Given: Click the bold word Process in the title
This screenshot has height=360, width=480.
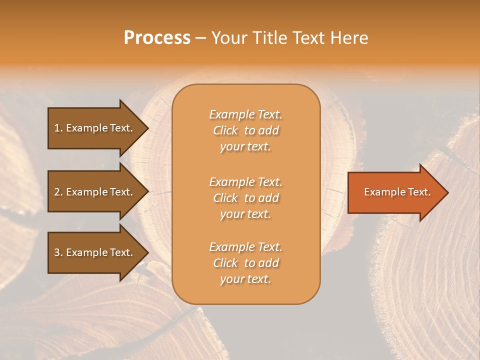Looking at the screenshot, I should point(157,38).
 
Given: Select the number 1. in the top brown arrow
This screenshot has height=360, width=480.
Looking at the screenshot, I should point(58,128).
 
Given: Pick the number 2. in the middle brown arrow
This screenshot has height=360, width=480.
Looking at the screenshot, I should point(58,192).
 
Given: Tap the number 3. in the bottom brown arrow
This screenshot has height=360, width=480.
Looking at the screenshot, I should point(58,252).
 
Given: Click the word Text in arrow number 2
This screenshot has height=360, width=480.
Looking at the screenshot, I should point(121,192).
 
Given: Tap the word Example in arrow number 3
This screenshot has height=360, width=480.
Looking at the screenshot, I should point(86,252).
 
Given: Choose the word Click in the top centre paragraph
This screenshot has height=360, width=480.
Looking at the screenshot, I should point(225,130).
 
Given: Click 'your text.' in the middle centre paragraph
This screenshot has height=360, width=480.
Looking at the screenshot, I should point(245,214).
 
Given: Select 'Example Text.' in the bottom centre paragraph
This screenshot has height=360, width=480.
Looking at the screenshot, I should point(245,247).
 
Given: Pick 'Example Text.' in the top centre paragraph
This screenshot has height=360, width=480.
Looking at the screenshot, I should point(245,114).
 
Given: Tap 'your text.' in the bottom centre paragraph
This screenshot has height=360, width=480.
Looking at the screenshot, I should point(245,279).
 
